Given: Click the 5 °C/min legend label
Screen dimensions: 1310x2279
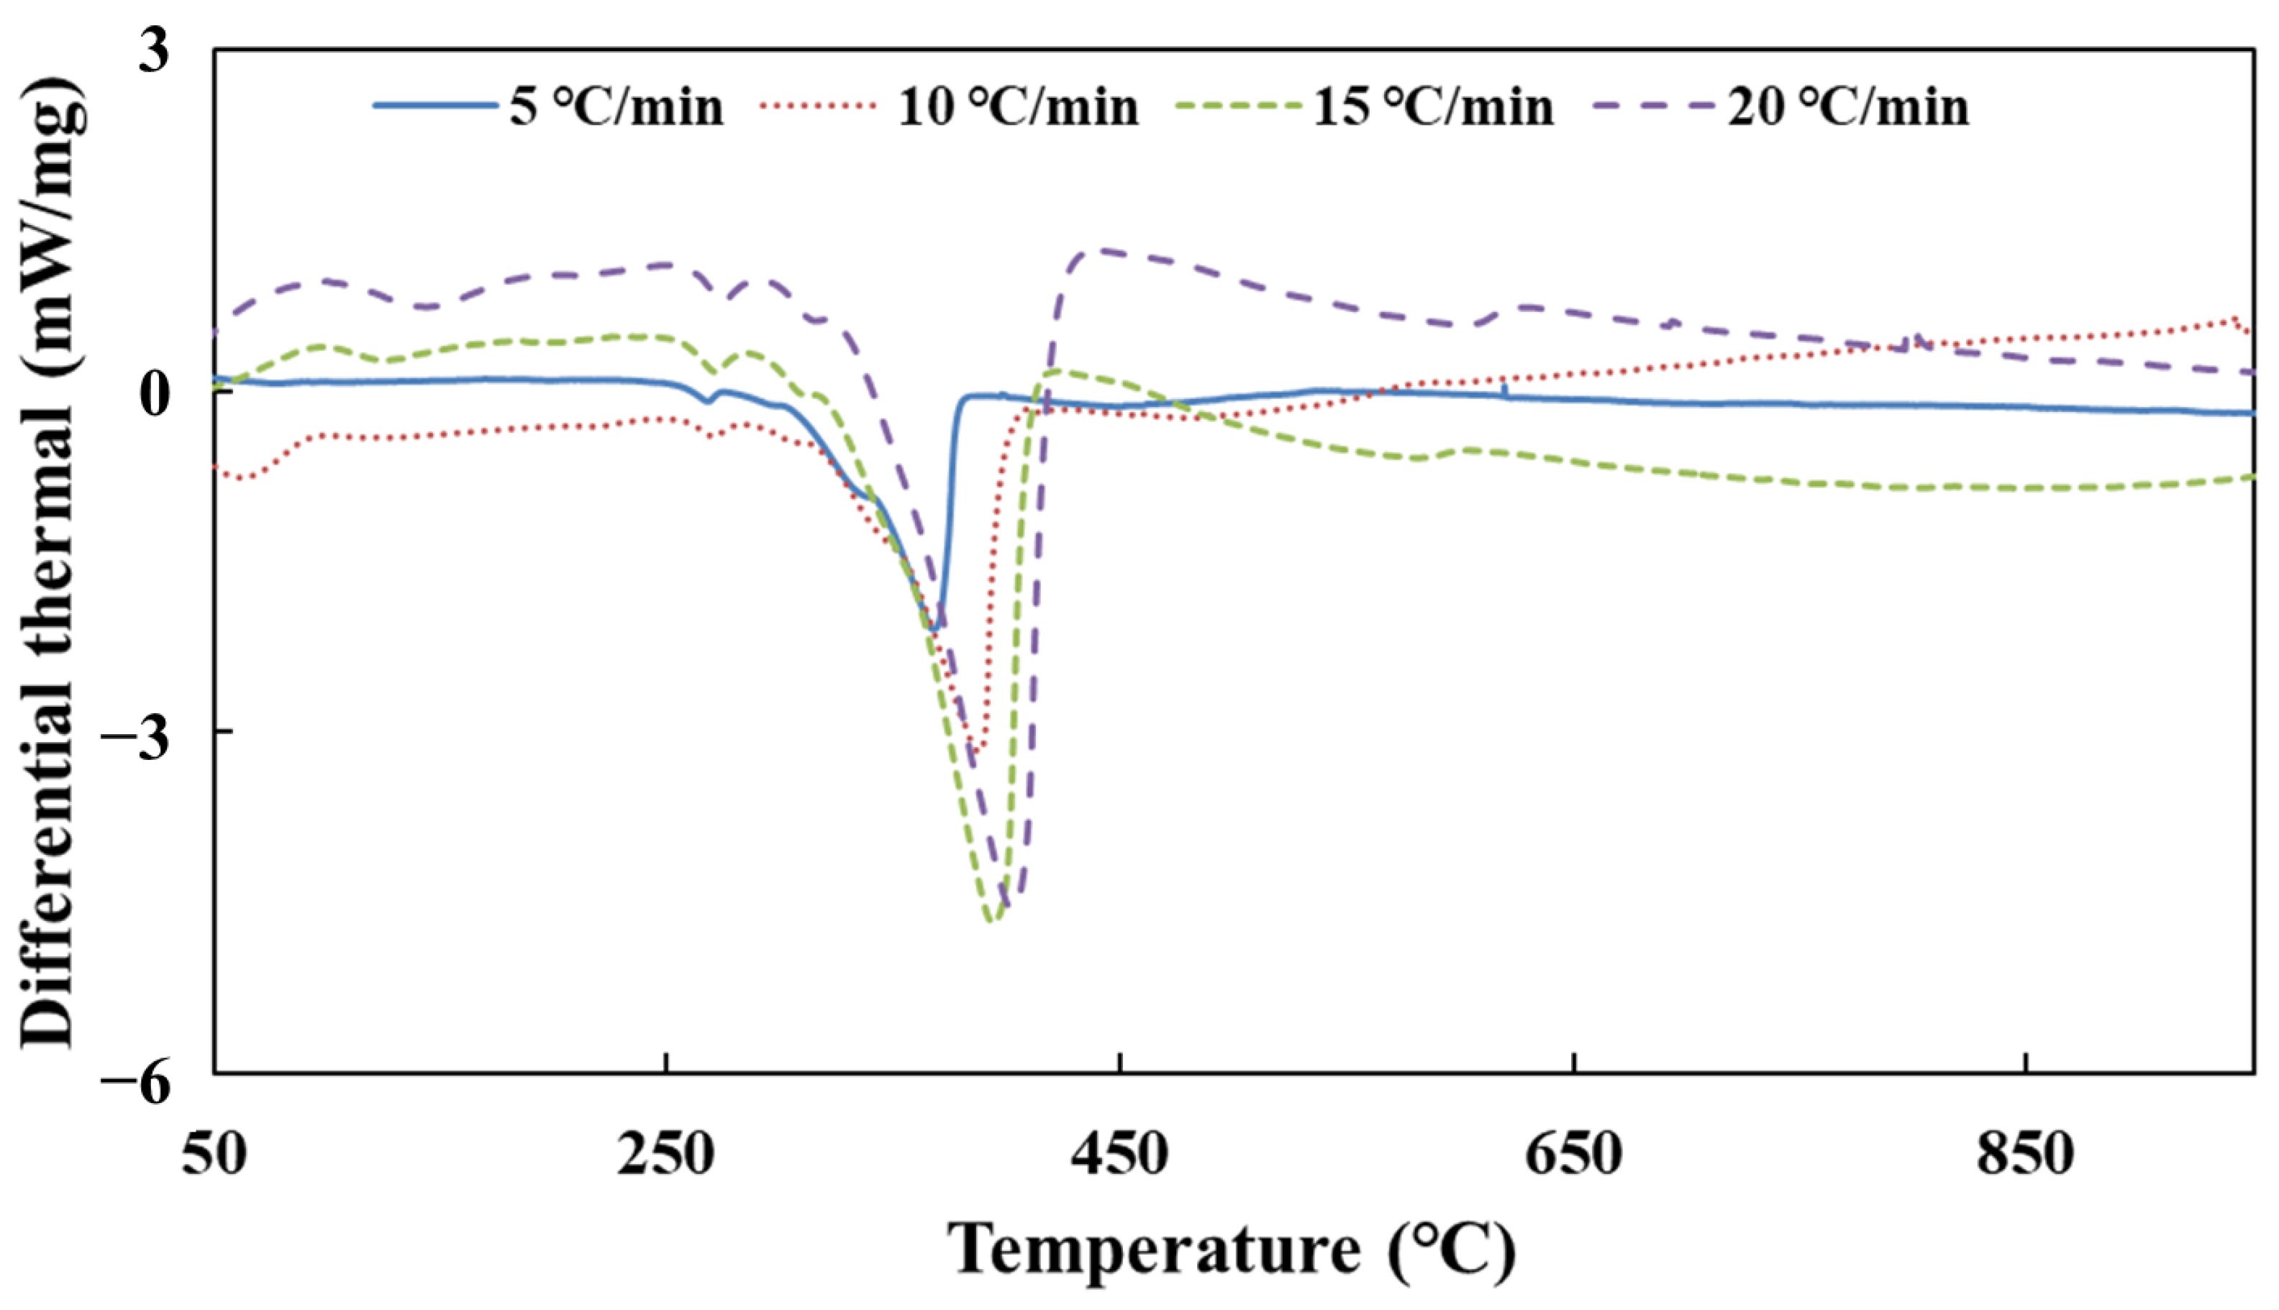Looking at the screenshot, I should (x=617, y=107).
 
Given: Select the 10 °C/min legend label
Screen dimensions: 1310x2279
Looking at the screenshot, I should (x=1018, y=107).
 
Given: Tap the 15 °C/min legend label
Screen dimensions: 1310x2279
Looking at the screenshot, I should (x=1433, y=107).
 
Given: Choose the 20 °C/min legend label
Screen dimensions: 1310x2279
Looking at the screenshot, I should (x=1848, y=107).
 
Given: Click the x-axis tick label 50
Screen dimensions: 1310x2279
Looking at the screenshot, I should (x=214, y=1155).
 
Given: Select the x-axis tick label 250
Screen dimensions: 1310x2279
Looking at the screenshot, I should (x=665, y=1155).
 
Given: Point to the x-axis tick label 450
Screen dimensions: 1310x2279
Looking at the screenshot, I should (x=1119, y=1155).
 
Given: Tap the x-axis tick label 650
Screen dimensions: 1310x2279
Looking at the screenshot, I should (x=1573, y=1155).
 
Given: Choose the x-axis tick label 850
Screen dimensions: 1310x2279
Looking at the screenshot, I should (x=2025, y=1155).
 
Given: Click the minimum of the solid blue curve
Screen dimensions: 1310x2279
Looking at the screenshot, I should (x=935, y=629).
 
